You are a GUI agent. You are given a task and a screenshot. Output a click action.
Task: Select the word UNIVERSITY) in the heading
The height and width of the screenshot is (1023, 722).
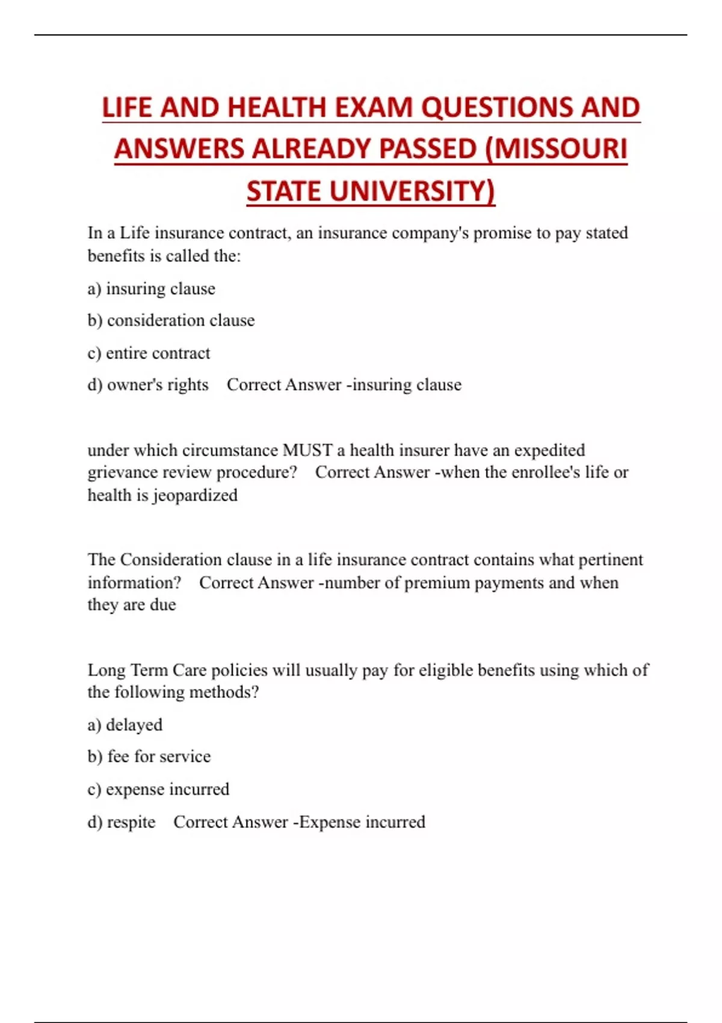(x=412, y=191)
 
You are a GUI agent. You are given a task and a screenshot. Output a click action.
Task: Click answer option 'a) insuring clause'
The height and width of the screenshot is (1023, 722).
(x=151, y=289)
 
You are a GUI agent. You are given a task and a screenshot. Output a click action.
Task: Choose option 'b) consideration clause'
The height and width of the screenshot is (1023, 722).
(x=171, y=320)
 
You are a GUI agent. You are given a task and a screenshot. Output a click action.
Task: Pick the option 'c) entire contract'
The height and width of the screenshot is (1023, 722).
(x=149, y=353)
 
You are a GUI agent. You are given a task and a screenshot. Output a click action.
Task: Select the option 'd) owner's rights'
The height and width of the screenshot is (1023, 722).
(x=148, y=385)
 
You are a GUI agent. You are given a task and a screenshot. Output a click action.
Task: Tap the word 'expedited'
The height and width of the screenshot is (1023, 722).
(x=549, y=450)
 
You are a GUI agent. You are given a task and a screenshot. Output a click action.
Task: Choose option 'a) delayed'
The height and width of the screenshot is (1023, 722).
(x=125, y=725)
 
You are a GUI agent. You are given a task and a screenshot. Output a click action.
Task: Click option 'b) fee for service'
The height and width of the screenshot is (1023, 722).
(x=149, y=756)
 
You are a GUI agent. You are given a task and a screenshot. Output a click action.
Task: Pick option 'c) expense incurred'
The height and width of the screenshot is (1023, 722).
(x=158, y=789)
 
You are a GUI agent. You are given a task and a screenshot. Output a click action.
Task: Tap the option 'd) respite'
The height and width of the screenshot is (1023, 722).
(x=122, y=822)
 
